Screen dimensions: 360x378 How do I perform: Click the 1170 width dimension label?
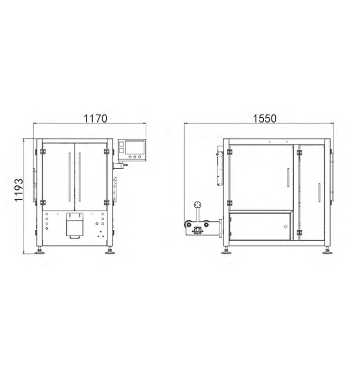coord(95,119)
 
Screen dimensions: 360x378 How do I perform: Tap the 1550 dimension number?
coord(264,119)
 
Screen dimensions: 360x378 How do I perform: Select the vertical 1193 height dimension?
coord(19,190)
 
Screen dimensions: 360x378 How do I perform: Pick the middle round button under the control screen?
coord(135,157)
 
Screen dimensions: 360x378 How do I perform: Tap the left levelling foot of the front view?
coord(39,251)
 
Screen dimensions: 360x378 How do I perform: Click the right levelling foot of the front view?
coord(110,251)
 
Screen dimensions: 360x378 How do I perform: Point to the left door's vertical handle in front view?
coord(69,177)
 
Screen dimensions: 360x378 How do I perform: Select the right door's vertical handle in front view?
coord(80,177)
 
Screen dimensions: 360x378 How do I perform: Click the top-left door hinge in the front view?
coord(43,151)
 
